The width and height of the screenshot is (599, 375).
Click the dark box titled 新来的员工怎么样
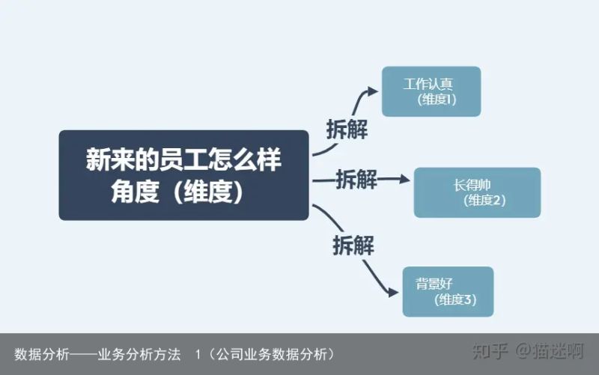[x=183, y=175]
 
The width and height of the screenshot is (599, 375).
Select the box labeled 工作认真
[x=431, y=91]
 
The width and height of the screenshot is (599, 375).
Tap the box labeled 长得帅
[x=477, y=192]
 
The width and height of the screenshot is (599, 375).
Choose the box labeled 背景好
[x=448, y=292]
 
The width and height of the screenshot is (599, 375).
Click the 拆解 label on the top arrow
[x=347, y=129]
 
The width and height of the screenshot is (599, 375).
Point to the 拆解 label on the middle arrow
[x=356, y=179]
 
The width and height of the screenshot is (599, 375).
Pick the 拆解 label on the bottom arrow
[x=353, y=245]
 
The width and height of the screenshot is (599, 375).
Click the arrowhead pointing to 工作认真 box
[x=371, y=91]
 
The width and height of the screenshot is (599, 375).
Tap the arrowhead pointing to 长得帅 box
[x=404, y=179]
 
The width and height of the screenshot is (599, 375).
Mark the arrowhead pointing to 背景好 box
[x=392, y=293]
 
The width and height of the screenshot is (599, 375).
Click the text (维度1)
[x=437, y=100]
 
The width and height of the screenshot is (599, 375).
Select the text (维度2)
[x=484, y=200]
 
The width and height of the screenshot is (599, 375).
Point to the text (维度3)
[x=455, y=299]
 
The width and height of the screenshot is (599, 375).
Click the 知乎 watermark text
[x=490, y=351]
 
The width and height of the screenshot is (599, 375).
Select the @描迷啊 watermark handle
[x=550, y=351]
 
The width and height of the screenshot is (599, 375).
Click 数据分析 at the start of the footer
[x=42, y=354]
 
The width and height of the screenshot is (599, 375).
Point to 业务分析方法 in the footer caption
[x=139, y=354]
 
